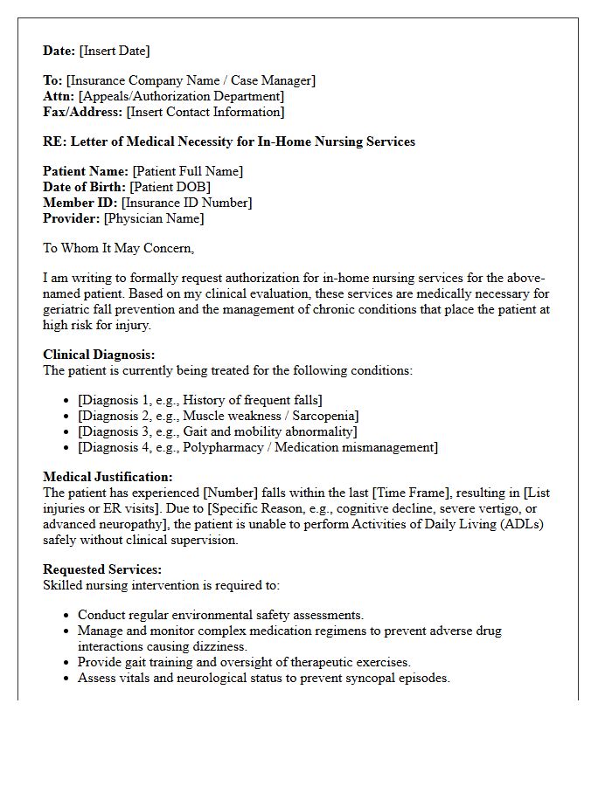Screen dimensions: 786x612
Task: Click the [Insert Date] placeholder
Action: pos(115,51)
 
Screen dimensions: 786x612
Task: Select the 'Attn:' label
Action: pos(59,96)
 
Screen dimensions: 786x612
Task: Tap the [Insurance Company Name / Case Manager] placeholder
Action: pos(191,80)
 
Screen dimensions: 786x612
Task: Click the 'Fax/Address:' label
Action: pos(82,112)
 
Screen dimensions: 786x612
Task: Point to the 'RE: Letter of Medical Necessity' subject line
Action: pos(229,141)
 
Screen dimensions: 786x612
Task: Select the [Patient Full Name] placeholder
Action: pos(187,171)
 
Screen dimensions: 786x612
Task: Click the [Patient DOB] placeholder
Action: pos(170,187)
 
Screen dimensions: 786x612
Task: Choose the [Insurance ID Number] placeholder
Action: pos(186,203)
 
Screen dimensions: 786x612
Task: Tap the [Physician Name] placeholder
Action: pos(154,218)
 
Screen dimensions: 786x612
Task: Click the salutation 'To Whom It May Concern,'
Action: pos(118,248)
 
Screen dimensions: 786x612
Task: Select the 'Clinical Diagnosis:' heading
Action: pos(99,355)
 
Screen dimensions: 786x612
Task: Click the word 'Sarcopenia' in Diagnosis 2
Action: pos(324,416)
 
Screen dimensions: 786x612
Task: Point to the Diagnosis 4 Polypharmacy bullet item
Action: pos(258,447)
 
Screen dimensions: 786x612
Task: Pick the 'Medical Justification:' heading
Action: pos(108,477)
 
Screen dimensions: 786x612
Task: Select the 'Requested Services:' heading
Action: pos(102,569)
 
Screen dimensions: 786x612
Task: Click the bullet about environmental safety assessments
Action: pos(220,615)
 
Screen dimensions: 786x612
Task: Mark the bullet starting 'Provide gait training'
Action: pos(244,662)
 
